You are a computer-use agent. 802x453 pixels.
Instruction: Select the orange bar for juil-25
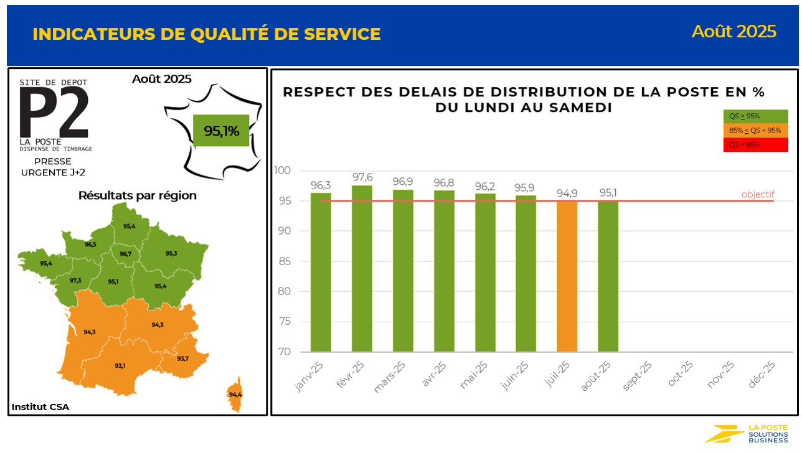[x=567, y=276]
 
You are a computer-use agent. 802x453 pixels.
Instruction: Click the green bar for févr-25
[x=362, y=268]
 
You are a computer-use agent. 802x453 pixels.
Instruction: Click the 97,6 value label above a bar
[x=362, y=177]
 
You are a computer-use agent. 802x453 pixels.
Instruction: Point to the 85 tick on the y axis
[x=283, y=261]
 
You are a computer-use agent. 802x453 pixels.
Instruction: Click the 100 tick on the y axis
[x=281, y=170]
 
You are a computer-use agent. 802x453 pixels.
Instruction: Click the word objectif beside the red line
[x=757, y=195]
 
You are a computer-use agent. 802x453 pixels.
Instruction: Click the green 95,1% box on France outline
[x=221, y=131]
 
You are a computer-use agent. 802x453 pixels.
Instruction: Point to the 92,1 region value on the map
[x=120, y=366]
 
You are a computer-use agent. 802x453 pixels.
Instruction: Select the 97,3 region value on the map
[x=75, y=281]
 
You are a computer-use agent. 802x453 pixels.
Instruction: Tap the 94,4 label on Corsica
[x=235, y=395]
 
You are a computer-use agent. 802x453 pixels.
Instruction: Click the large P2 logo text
[x=54, y=112]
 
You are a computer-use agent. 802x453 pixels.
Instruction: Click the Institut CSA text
[x=40, y=407]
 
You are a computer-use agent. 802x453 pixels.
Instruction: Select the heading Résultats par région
[x=137, y=195]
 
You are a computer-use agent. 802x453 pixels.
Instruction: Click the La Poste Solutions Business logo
[x=747, y=434]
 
